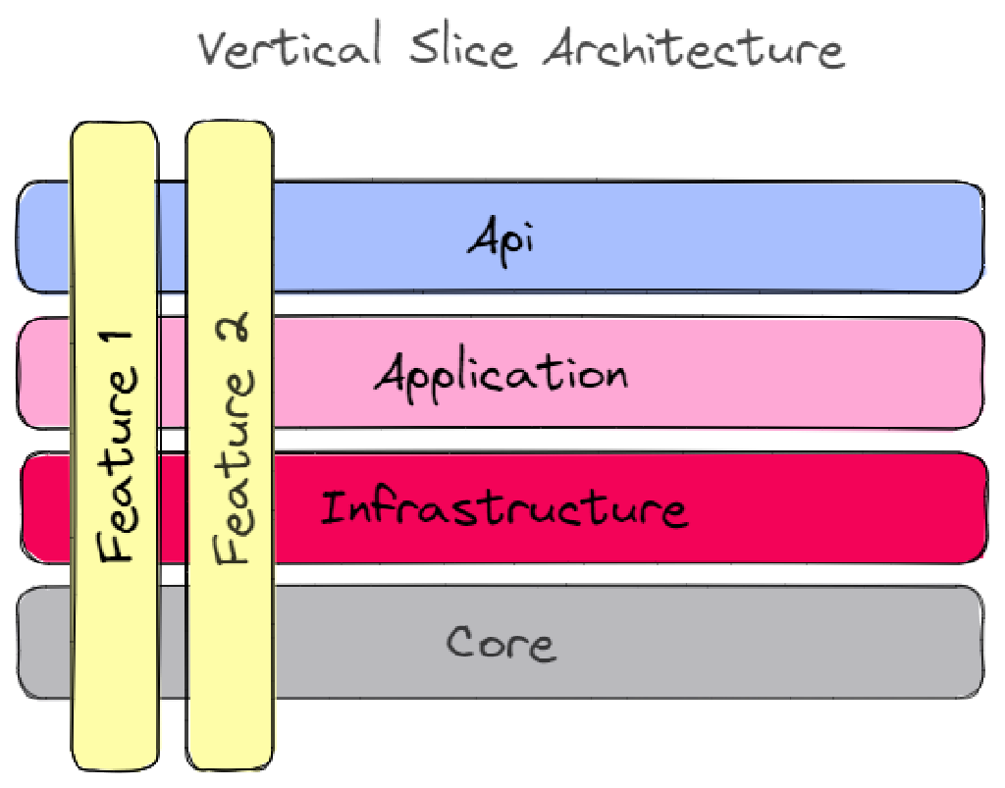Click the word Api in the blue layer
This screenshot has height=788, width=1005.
(500, 238)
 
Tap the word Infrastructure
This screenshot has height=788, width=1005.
(503, 509)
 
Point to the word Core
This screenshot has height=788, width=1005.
(501, 643)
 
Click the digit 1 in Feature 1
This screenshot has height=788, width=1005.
(116, 348)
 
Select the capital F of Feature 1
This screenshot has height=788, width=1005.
(116, 544)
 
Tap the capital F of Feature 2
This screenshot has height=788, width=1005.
(234, 546)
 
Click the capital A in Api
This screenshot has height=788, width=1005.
(481, 236)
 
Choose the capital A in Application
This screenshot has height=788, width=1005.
(392, 374)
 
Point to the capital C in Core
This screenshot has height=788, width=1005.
(462, 643)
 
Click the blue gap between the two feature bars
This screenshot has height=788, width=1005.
(172, 237)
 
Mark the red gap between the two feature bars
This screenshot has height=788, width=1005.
(172, 508)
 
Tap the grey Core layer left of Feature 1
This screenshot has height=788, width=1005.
(44, 643)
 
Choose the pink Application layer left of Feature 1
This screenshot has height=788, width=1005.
(44, 373)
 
